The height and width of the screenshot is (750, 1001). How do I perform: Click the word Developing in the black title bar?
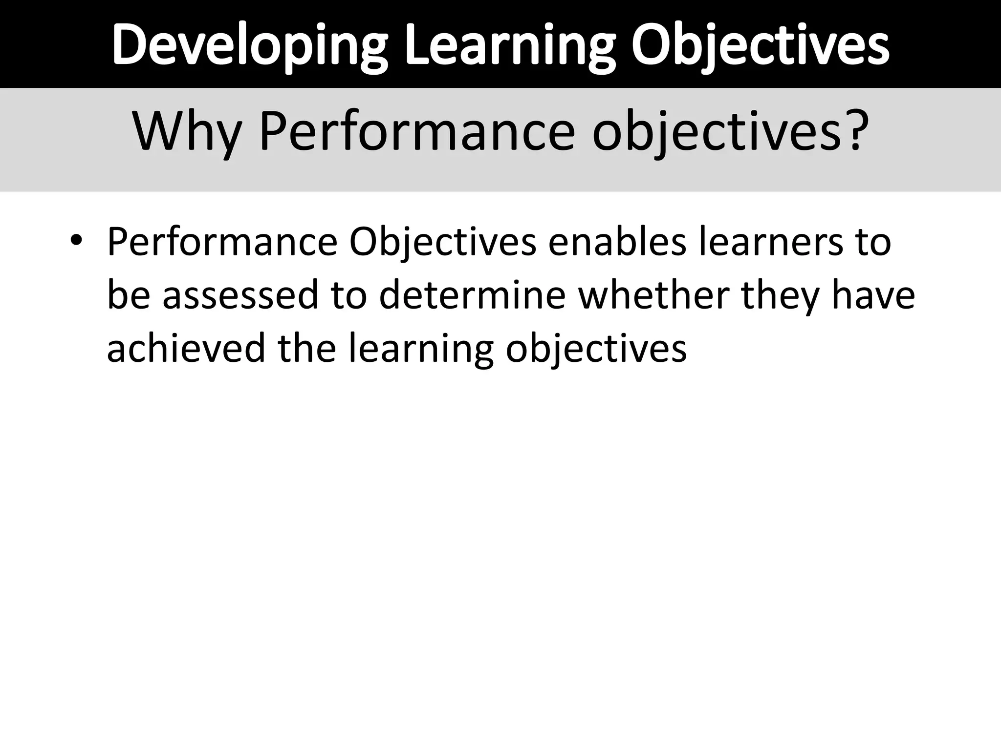[250, 45]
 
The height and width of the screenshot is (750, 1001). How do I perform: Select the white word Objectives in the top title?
[760, 45]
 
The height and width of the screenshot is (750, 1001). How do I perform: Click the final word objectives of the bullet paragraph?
[596, 349]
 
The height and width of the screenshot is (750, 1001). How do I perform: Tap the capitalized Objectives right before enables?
[443, 242]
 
